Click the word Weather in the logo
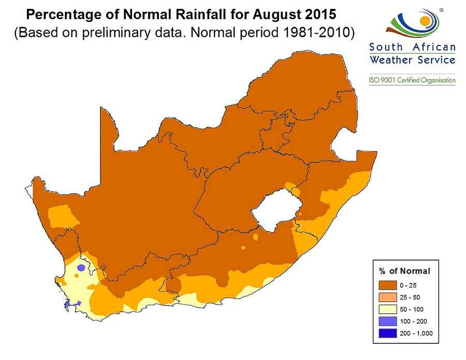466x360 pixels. [390, 60]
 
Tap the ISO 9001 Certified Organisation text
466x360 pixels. [412, 80]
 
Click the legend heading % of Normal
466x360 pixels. [405, 271]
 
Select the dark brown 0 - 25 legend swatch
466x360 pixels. [387, 285]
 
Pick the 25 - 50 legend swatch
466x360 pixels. [387, 297]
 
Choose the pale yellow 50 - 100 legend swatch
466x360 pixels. [387, 309]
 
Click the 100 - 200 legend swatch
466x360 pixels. [387, 321]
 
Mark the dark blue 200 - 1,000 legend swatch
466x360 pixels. [387, 333]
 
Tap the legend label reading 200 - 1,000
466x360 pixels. [416, 333]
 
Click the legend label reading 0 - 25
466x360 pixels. [407, 285]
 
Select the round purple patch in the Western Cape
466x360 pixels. [81, 267]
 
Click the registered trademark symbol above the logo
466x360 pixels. [441, 9]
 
